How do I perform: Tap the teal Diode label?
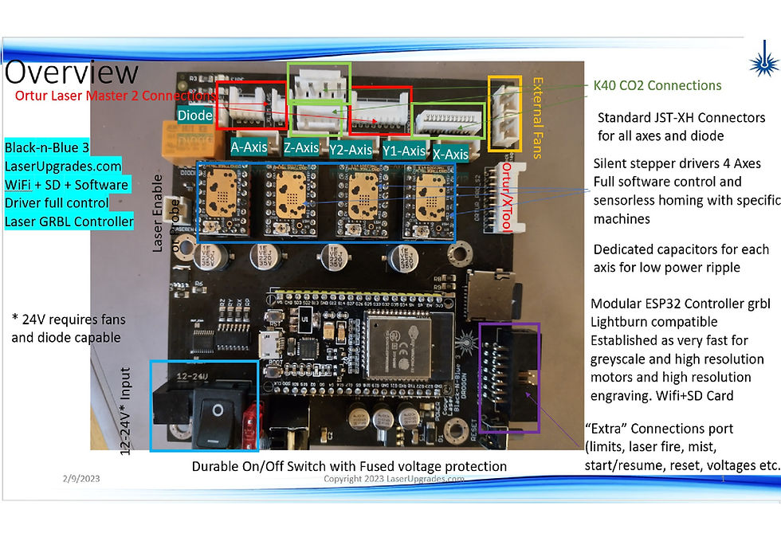(x=195, y=115)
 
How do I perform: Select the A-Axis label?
(x=248, y=147)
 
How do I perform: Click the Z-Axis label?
(x=301, y=148)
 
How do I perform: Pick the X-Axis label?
(x=450, y=154)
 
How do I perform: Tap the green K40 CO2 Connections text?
(x=657, y=85)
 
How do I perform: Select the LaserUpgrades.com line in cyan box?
(x=63, y=166)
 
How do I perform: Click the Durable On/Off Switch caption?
(x=349, y=465)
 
